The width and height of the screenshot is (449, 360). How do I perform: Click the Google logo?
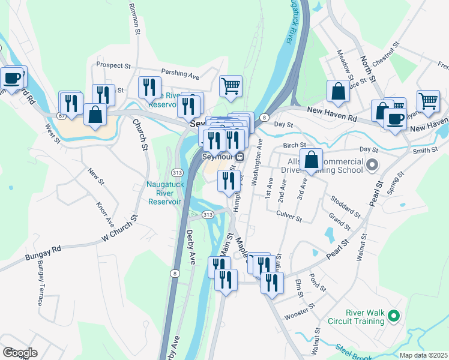point(20,353)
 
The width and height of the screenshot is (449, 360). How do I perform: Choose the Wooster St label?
point(300,311)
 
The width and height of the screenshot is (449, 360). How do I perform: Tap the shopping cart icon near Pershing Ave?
point(231,87)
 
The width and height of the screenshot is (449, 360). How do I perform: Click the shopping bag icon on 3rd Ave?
point(312,160)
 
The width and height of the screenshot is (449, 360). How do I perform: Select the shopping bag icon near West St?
point(95,113)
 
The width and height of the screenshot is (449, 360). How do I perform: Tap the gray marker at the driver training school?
point(372,164)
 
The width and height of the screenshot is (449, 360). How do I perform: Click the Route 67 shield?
point(62,115)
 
